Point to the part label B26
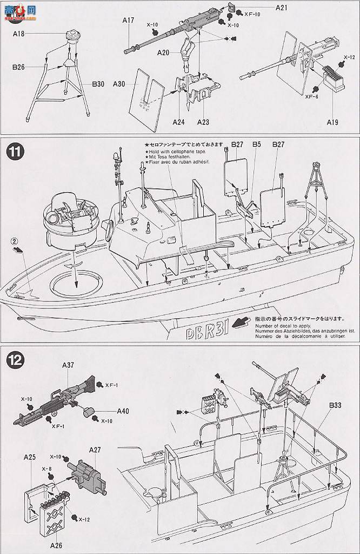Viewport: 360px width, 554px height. (19, 68)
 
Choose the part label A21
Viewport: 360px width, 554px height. (282, 8)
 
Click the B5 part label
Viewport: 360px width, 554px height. (256, 144)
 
